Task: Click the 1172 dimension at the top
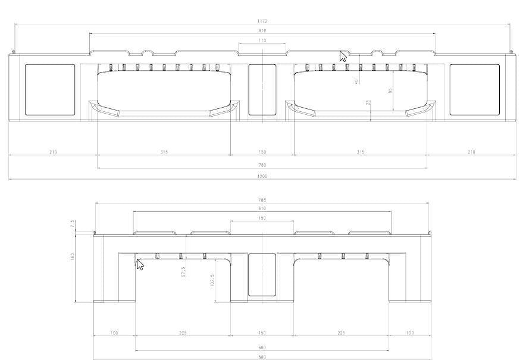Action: (x=262, y=21)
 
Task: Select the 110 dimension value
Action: (x=262, y=40)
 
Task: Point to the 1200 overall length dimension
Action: (x=262, y=176)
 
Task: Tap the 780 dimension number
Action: (x=262, y=164)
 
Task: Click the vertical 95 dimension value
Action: (x=390, y=90)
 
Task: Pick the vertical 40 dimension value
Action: (x=356, y=81)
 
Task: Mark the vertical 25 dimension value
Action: (x=368, y=102)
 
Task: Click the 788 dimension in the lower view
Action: (x=262, y=200)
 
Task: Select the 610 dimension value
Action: (x=262, y=209)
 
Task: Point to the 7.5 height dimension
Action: (x=73, y=224)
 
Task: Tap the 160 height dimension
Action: (x=73, y=256)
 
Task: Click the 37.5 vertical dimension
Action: (x=184, y=271)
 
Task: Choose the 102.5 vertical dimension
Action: (x=211, y=280)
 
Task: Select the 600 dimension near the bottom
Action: (x=262, y=348)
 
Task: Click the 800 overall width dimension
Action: (x=262, y=357)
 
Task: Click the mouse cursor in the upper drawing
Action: (x=343, y=57)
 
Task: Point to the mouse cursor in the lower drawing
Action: (x=140, y=264)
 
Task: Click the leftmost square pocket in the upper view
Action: (x=50, y=89)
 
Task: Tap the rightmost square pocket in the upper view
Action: (x=474, y=89)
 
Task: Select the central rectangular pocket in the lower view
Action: (x=262, y=275)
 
